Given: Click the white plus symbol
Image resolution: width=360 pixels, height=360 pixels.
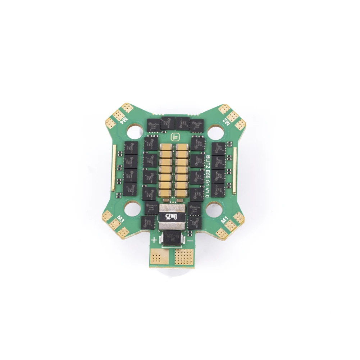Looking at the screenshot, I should click(x=154, y=240).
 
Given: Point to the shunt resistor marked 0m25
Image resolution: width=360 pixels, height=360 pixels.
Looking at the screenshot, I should click(x=172, y=217).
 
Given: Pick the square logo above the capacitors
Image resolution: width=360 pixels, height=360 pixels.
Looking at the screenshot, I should click(x=172, y=137).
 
